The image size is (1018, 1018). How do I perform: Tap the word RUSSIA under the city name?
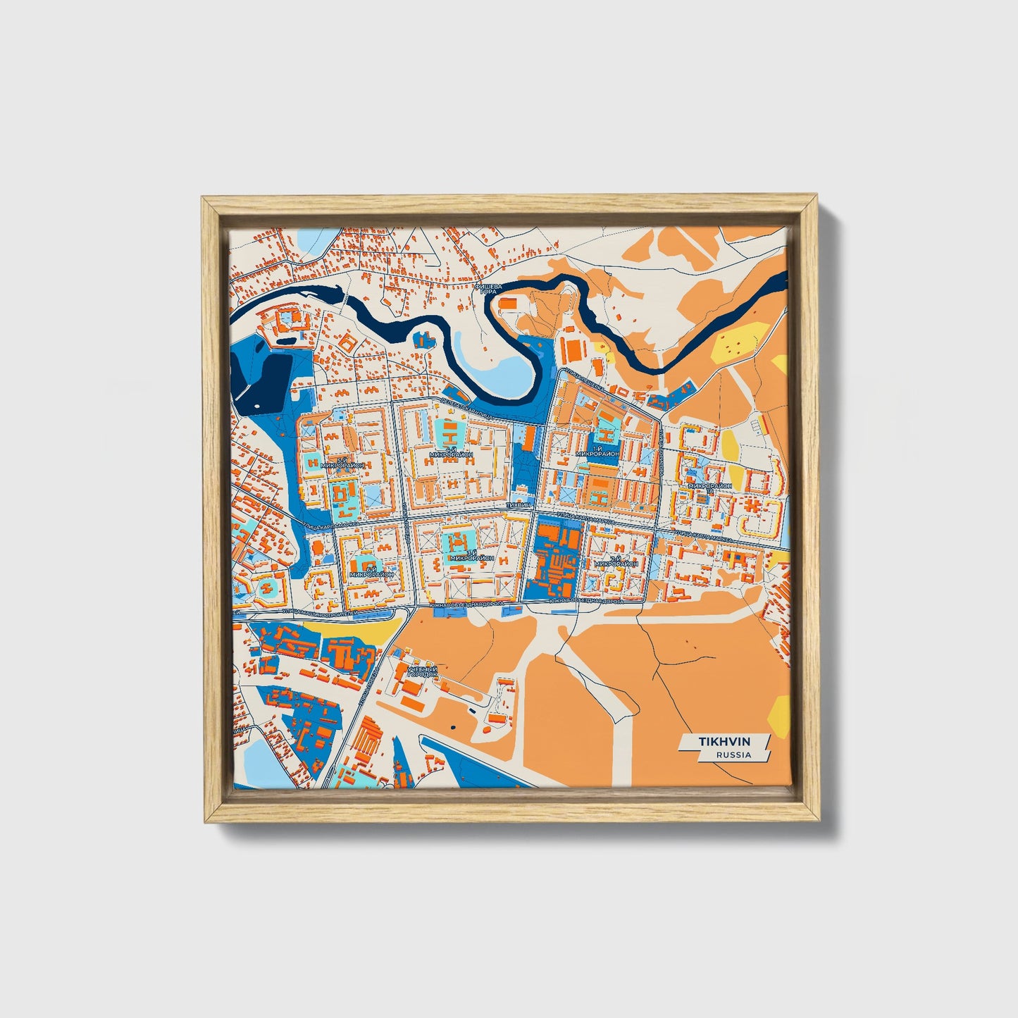pyautogui.click(x=733, y=755)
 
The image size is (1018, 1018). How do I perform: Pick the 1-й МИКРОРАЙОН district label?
pyautogui.click(x=597, y=452)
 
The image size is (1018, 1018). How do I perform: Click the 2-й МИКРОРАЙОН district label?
pyautogui.click(x=616, y=562)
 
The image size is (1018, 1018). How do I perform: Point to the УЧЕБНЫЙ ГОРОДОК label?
pyautogui.click(x=423, y=671)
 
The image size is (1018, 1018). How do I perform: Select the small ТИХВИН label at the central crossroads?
pyautogui.click(x=518, y=506)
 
